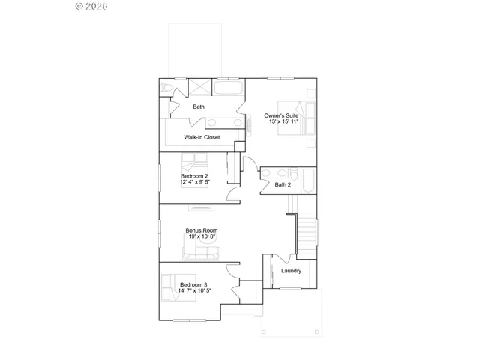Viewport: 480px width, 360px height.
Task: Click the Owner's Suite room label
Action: point(281,115)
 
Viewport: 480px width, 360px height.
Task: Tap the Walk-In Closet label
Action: point(202,138)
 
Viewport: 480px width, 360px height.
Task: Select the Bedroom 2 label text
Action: point(193,176)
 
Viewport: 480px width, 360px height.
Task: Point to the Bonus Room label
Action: point(202,230)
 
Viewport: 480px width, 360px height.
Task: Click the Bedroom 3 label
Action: point(193,284)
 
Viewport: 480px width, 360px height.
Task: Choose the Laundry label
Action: point(291,271)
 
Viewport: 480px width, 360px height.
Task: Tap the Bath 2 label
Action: point(283,185)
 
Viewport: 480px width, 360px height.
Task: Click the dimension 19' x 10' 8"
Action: point(202,237)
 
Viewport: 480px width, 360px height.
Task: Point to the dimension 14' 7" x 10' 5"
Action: point(193,291)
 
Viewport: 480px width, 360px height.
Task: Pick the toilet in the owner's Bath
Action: point(165,88)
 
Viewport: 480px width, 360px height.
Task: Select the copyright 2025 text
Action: point(92,6)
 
